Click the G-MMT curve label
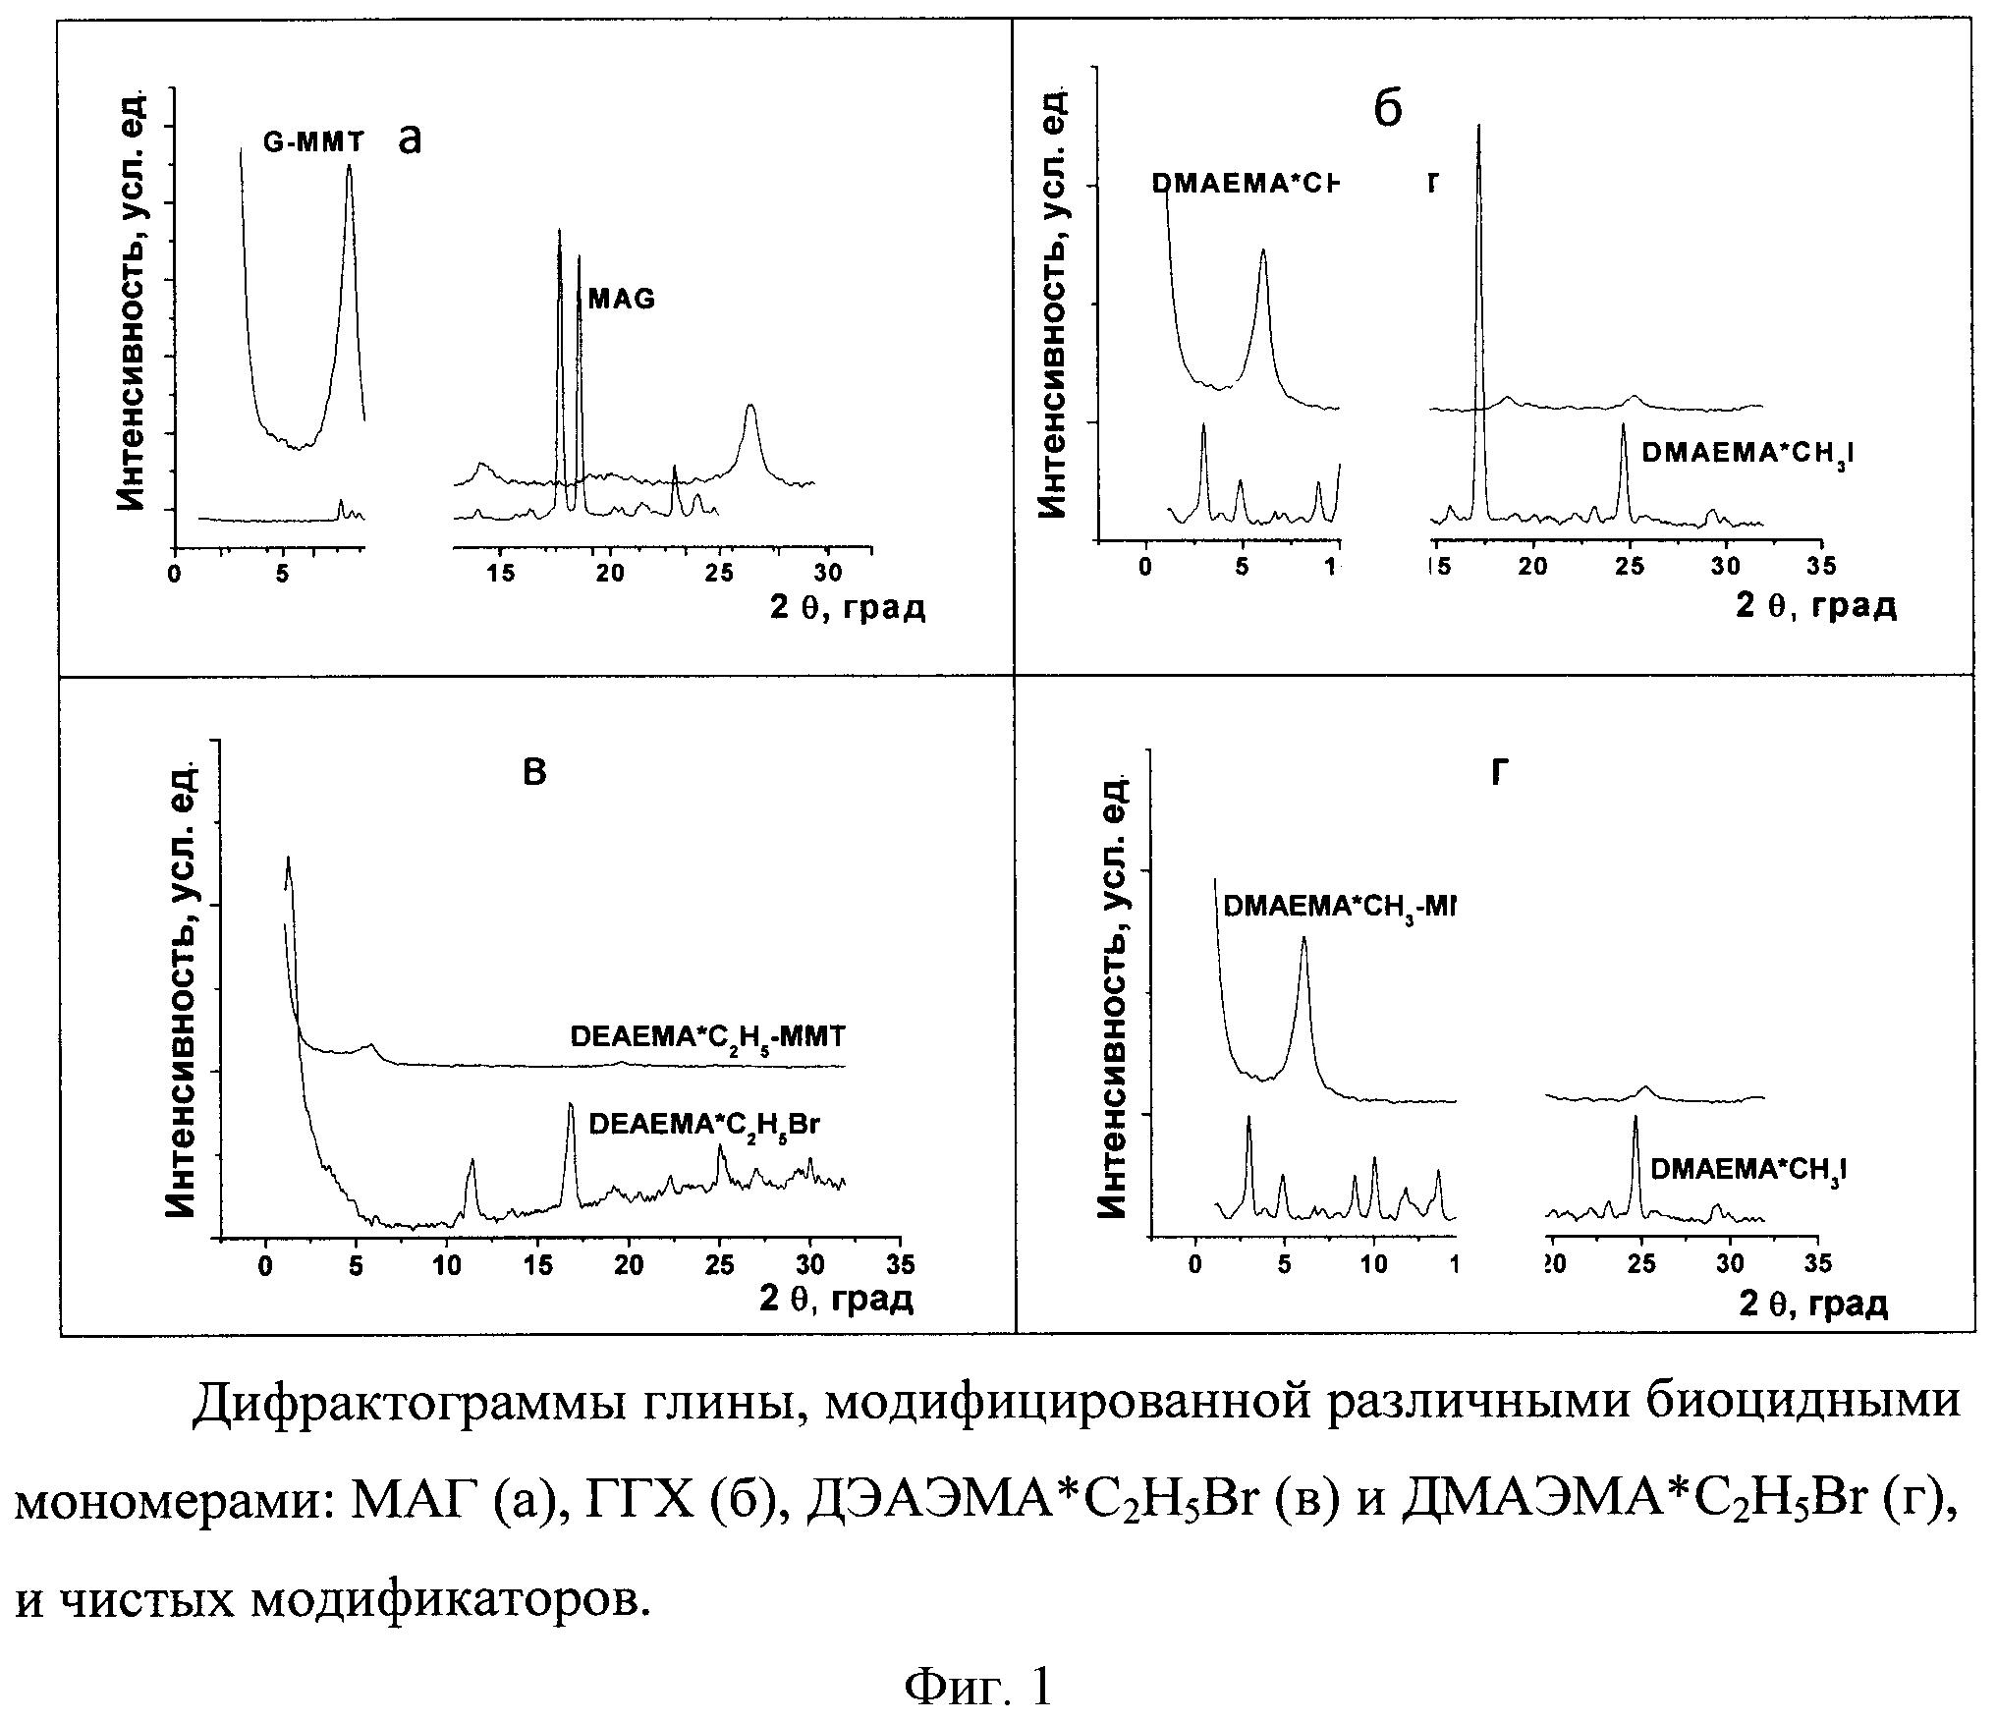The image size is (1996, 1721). (x=312, y=142)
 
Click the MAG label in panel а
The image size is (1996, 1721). (x=621, y=300)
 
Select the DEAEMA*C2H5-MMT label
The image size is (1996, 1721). (x=707, y=1038)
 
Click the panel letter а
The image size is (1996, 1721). (x=410, y=139)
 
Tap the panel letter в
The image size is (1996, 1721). (x=533, y=773)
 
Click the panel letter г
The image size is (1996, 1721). (x=1498, y=774)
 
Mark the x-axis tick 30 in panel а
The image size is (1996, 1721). (x=828, y=574)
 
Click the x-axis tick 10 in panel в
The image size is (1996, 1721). (x=447, y=1266)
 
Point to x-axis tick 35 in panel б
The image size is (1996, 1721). (x=1819, y=566)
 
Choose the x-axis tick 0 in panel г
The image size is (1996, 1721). (x=1194, y=1264)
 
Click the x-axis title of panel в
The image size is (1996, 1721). (x=836, y=1300)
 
